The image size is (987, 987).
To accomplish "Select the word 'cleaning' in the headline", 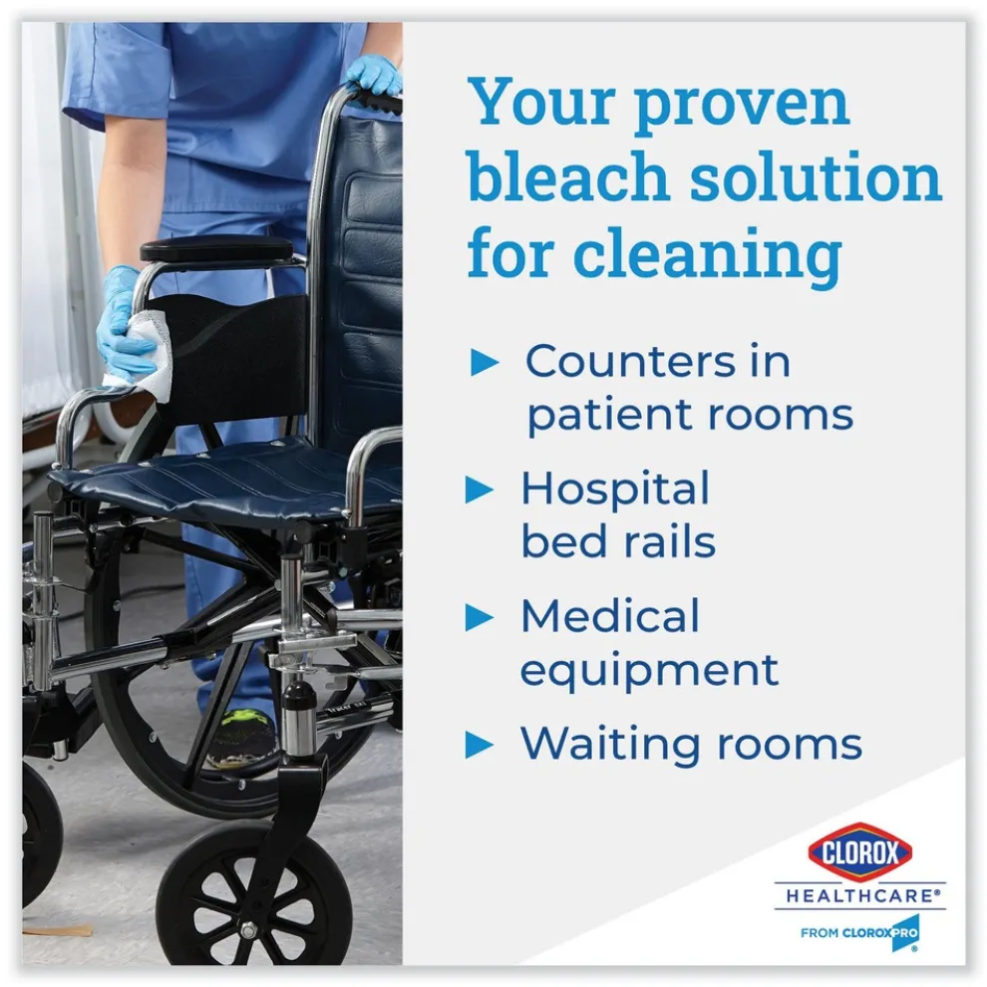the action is (708, 255).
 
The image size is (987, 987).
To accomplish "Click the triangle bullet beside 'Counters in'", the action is (485, 363).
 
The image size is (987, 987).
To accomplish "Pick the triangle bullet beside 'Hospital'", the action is (480, 490).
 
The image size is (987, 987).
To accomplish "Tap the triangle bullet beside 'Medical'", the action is (480, 617).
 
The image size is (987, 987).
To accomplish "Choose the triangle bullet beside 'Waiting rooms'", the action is (480, 745).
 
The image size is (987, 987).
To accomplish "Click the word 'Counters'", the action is (630, 361).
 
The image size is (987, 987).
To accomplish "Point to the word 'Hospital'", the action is (615, 491).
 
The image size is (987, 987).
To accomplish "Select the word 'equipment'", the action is (649, 671).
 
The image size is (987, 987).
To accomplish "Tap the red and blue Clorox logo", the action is (859, 852).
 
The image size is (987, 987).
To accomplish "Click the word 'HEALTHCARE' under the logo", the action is (860, 895).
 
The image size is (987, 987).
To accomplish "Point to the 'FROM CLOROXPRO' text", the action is (858, 933).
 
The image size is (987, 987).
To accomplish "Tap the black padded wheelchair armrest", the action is (216, 249).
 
